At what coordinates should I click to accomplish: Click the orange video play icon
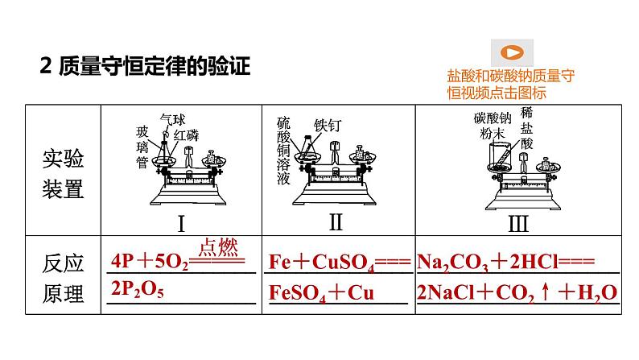click(x=512, y=54)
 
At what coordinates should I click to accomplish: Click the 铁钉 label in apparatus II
click(x=328, y=126)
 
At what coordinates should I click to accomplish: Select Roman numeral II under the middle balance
click(x=336, y=221)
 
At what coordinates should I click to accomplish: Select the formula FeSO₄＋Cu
click(x=321, y=292)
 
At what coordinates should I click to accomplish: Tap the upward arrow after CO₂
click(x=543, y=292)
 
